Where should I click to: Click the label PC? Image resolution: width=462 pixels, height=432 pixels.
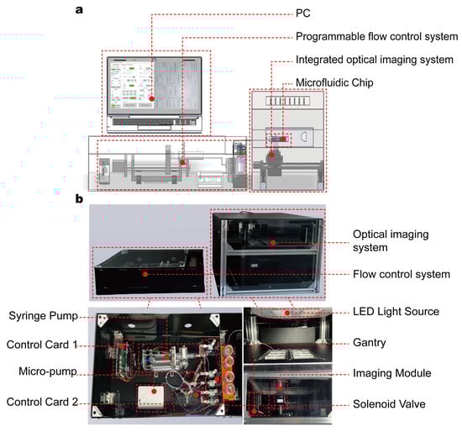(x=303, y=13)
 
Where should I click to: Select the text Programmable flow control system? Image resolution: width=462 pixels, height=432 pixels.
(x=377, y=37)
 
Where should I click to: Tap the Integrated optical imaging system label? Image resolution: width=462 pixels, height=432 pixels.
(x=375, y=60)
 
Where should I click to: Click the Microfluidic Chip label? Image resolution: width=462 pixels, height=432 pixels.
(x=334, y=82)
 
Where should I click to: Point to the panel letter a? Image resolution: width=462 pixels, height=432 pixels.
(x=79, y=10)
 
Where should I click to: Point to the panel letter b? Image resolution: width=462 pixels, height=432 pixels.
(x=79, y=198)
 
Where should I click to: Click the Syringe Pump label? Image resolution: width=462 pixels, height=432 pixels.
(x=44, y=316)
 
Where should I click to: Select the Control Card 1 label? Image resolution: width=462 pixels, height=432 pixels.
(x=42, y=345)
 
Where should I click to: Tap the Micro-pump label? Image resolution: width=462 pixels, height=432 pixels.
(x=48, y=371)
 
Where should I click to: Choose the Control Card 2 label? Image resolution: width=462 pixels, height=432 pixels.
(x=42, y=402)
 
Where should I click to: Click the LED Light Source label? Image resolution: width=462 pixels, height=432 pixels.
(x=396, y=312)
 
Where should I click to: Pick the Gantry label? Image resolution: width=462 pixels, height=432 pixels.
(x=370, y=343)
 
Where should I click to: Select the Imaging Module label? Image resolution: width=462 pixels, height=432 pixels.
(x=392, y=373)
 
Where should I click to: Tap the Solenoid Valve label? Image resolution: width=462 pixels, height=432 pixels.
(x=389, y=404)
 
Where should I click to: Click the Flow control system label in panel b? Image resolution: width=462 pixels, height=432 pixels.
(x=402, y=274)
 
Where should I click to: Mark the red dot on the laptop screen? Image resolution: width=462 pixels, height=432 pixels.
(x=152, y=99)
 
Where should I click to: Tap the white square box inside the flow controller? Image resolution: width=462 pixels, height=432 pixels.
(x=151, y=398)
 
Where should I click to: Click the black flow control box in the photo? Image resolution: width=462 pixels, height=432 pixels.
(x=150, y=271)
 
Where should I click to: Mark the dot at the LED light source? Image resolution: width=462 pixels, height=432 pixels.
(x=287, y=313)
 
